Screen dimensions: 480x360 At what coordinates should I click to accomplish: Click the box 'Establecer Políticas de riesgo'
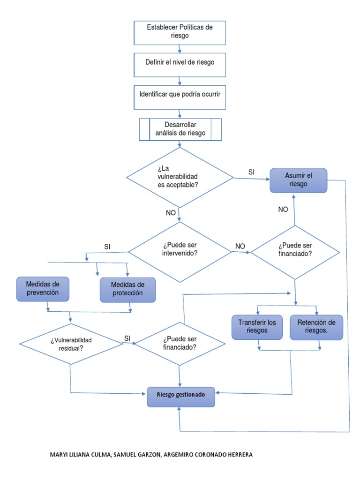point(180,32)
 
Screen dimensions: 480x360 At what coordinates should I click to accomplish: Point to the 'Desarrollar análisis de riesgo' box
point(180,129)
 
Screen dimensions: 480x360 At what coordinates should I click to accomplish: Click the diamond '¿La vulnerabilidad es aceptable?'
point(180,177)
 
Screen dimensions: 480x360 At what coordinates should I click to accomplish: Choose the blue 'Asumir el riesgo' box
point(299,180)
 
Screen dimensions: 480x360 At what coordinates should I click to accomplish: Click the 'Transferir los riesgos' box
point(257,326)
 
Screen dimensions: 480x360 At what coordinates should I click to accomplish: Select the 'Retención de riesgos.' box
point(316,326)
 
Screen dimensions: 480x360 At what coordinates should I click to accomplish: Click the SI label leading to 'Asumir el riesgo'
point(251,172)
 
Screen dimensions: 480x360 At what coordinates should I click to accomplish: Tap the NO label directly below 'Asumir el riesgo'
point(283,210)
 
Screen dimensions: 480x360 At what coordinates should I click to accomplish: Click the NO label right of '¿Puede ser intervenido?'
point(240,246)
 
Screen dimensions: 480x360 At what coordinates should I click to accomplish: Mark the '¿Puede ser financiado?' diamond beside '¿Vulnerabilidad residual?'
point(180,344)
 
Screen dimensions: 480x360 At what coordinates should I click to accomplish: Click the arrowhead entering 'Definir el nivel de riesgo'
point(180,51)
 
